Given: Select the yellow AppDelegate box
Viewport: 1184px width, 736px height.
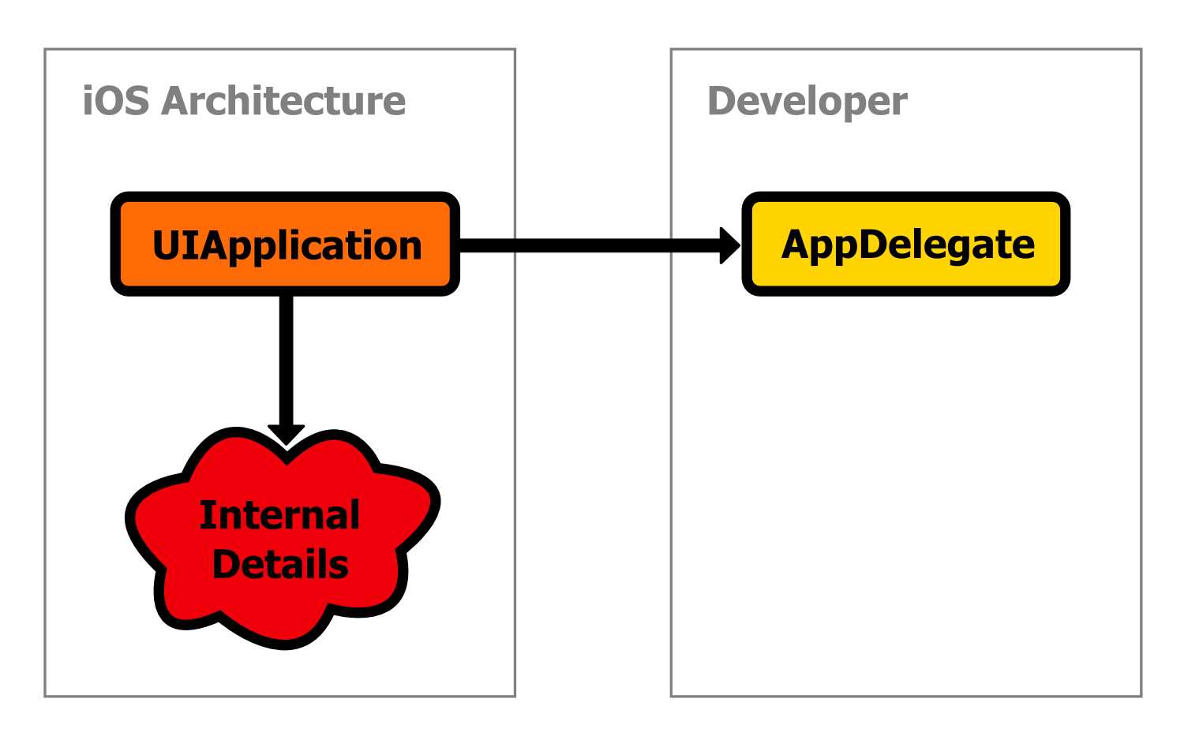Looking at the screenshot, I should (905, 245).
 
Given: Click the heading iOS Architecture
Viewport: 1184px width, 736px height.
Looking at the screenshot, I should (244, 101).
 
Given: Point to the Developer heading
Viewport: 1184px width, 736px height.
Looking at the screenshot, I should (807, 101).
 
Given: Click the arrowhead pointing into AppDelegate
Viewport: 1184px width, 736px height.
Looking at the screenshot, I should (729, 245).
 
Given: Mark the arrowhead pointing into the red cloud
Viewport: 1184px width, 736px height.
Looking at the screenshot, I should (286, 435).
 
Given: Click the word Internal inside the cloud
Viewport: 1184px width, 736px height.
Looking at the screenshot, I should (279, 515).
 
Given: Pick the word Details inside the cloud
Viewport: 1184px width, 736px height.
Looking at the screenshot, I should (280, 565).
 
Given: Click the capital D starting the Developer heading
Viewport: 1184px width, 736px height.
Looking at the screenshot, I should (723, 101).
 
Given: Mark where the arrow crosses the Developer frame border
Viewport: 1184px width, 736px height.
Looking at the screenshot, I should (671, 245).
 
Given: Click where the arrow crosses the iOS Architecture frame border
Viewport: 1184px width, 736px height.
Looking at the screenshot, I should (515, 245).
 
